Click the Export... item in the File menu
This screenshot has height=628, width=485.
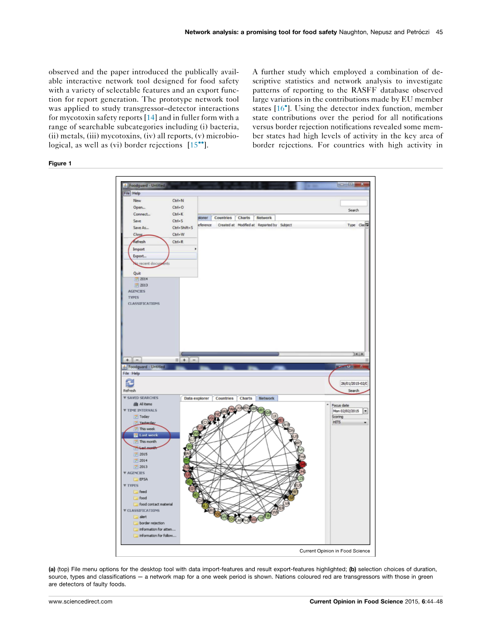(x=140, y=256)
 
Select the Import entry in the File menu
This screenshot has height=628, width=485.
(x=139, y=249)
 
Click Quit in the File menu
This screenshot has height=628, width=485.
(x=137, y=273)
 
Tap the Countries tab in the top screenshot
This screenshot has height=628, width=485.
(x=223, y=218)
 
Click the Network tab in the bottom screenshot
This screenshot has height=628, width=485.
(x=266, y=398)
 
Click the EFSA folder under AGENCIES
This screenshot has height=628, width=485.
(x=143, y=479)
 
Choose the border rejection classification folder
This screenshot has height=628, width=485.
(x=152, y=523)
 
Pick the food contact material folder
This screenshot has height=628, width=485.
(x=156, y=504)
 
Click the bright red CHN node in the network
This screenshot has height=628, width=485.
(x=303, y=464)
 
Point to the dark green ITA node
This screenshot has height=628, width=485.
(x=187, y=461)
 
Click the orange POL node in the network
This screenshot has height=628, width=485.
(x=217, y=514)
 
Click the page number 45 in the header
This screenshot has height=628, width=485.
(x=440, y=32)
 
